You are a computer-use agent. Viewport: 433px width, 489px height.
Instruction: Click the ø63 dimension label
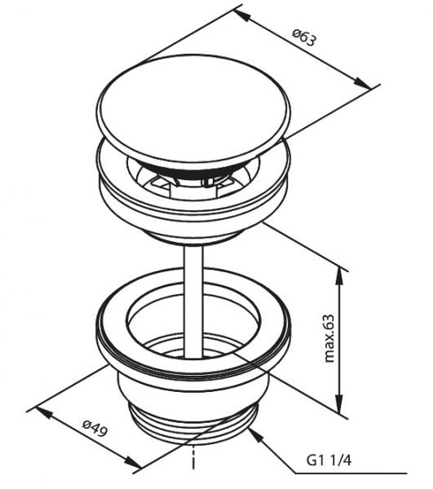point(304,37)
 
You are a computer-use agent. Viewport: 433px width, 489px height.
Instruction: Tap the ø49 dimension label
point(95,428)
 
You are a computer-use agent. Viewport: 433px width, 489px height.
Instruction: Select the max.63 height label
point(329,338)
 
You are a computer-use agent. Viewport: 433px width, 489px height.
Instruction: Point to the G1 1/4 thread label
point(329,460)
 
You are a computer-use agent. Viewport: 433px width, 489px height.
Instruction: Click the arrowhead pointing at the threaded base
point(255,435)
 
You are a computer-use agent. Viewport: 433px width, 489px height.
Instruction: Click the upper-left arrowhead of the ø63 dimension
point(243,15)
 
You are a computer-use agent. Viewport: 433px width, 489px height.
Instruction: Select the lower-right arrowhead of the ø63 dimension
point(362,82)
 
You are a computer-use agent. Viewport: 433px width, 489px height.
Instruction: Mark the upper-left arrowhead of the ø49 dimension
point(44,412)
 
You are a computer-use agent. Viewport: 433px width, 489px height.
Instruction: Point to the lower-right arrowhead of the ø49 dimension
point(133,462)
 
